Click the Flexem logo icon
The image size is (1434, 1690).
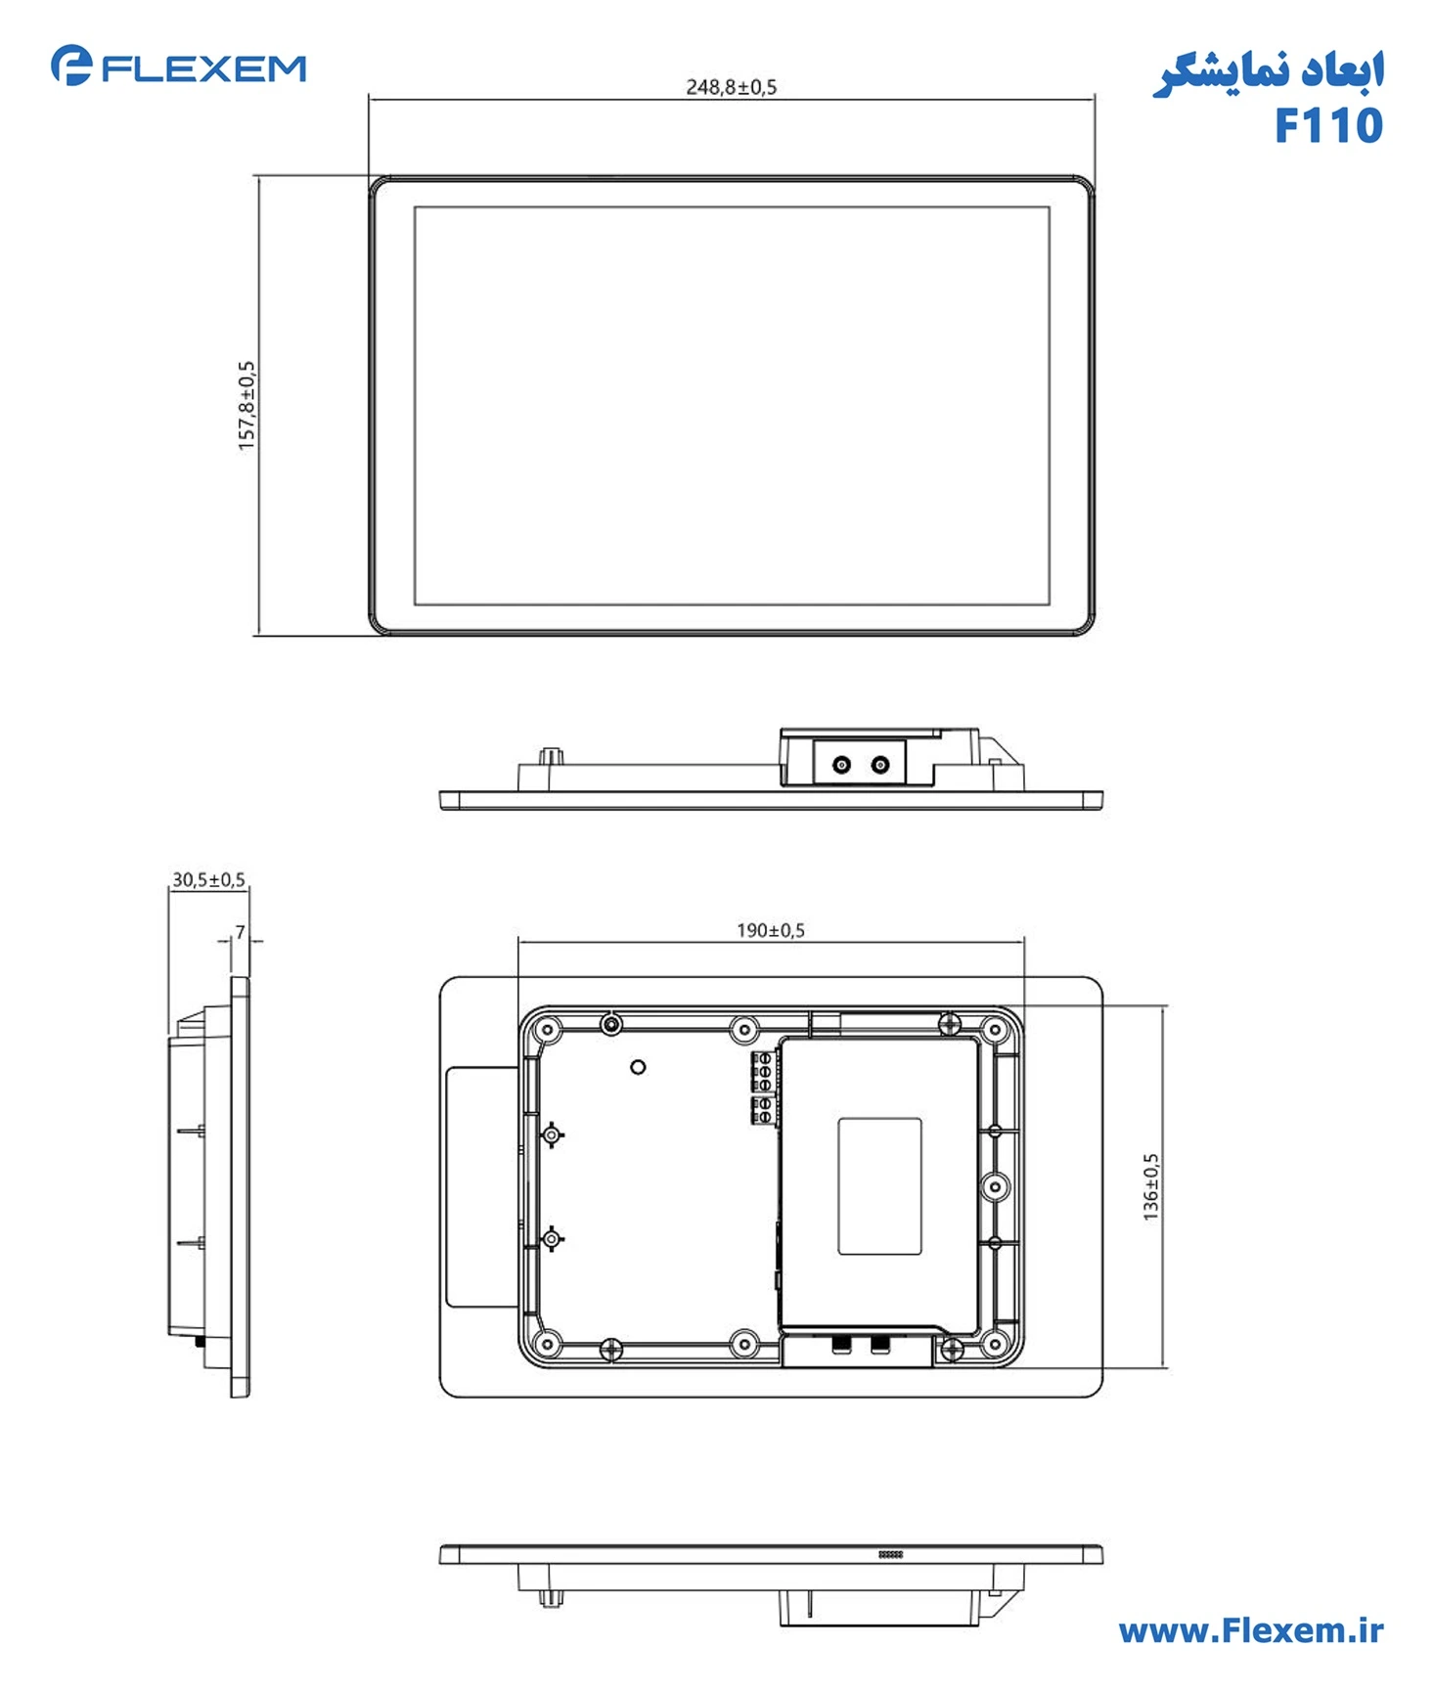(x=70, y=66)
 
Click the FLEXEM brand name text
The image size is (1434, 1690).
(x=203, y=68)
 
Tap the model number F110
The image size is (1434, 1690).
(x=1327, y=126)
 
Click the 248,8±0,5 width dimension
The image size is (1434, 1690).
(x=731, y=87)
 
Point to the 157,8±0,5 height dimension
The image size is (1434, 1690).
(x=246, y=405)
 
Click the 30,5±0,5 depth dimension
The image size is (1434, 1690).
(x=208, y=879)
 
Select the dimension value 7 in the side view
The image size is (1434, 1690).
(x=240, y=932)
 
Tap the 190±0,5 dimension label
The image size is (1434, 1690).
(x=770, y=930)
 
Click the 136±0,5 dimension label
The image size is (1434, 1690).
(x=1150, y=1185)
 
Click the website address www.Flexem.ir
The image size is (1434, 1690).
(x=1250, y=1630)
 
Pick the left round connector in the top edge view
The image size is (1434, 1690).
(x=841, y=765)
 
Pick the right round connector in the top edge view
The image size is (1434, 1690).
(x=880, y=765)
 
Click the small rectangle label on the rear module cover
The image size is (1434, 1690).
(x=879, y=1185)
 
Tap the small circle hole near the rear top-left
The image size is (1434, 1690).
(x=638, y=1067)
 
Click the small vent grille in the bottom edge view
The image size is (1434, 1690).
(x=890, y=1554)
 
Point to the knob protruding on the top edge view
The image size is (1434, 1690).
(x=553, y=756)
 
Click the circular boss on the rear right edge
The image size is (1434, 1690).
(x=995, y=1186)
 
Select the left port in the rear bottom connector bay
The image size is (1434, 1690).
(x=840, y=1345)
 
